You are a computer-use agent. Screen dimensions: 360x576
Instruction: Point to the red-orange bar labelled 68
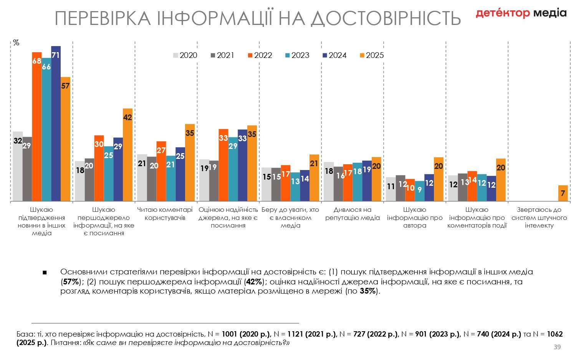pos(37,126)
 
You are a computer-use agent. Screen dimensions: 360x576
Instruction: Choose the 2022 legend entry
pos(260,55)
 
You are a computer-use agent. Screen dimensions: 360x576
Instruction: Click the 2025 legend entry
pos(372,55)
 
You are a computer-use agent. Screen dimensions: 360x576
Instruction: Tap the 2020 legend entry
pos(185,55)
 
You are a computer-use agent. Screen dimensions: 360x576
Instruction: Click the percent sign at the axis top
pos(16,43)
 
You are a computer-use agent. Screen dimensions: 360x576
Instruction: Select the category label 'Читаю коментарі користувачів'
pos(165,214)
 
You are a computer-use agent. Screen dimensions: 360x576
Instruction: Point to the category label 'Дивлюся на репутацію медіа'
pos(353,214)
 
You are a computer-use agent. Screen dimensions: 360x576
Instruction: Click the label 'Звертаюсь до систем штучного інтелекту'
pos(539,218)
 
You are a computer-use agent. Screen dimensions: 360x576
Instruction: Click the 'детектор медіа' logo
pos(521,13)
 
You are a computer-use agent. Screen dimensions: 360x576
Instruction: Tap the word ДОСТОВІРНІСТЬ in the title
pos(386,18)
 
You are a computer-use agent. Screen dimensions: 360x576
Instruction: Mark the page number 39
pos(557,347)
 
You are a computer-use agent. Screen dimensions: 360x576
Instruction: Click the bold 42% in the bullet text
pos(254,282)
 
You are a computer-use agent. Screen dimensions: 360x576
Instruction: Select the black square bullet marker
pos(45,272)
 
